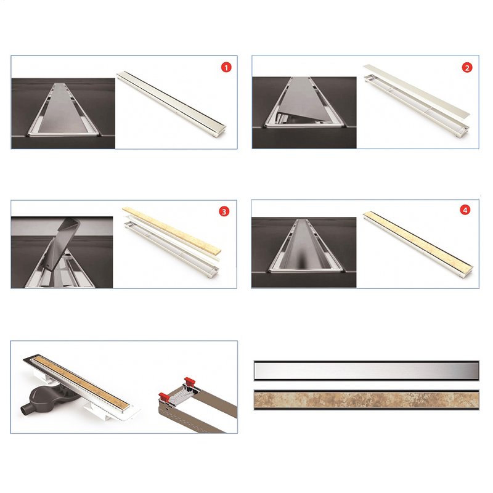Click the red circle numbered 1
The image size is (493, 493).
pyautogui.click(x=226, y=67)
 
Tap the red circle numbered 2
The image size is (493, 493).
pyautogui.click(x=467, y=68)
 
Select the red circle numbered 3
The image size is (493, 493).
pyautogui.click(x=224, y=211)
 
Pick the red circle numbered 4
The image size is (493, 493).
pyautogui.click(x=465, y=210)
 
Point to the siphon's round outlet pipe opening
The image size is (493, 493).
pyautogui.click(x=25, y=411)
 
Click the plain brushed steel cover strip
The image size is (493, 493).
pyautogui.click(x=366, y=371)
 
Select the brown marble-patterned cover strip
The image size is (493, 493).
pyautogui.click(x=366, y=400)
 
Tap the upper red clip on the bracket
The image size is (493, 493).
pyautogui.click(x=190, y=381)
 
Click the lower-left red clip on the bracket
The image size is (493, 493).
pyautogui.click(x=165, y=397)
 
